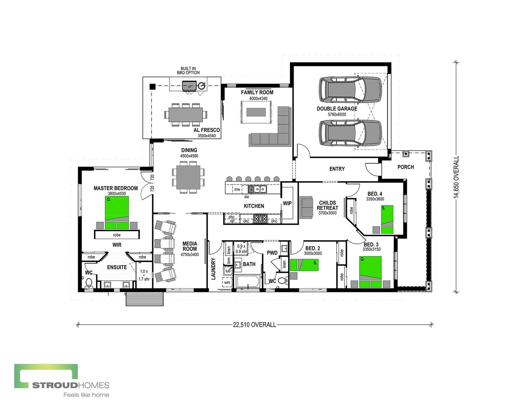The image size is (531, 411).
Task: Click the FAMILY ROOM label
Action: coord(257,92)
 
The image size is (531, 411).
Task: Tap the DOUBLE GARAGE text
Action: coord(337,108)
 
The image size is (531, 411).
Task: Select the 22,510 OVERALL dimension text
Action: coord(254,325)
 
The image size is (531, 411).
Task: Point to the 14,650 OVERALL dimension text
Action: coord(456,177)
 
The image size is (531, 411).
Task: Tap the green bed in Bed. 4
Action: coord(387,219)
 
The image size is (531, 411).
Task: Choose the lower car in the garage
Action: coord(350,133)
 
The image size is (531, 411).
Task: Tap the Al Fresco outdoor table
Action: coord(186,114)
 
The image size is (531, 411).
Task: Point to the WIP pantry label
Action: coord(287,203)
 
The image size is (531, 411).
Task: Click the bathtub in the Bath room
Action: coord(248,282)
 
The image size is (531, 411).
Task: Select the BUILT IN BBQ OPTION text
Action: coord(188,70)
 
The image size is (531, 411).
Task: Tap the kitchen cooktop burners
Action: coord(261,219)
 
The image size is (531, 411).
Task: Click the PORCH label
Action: coord(405,167)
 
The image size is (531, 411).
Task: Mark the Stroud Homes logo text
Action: coord(70,385)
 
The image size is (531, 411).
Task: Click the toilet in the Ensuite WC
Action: coord(89,282)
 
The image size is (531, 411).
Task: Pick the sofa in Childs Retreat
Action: coord(306,207)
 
